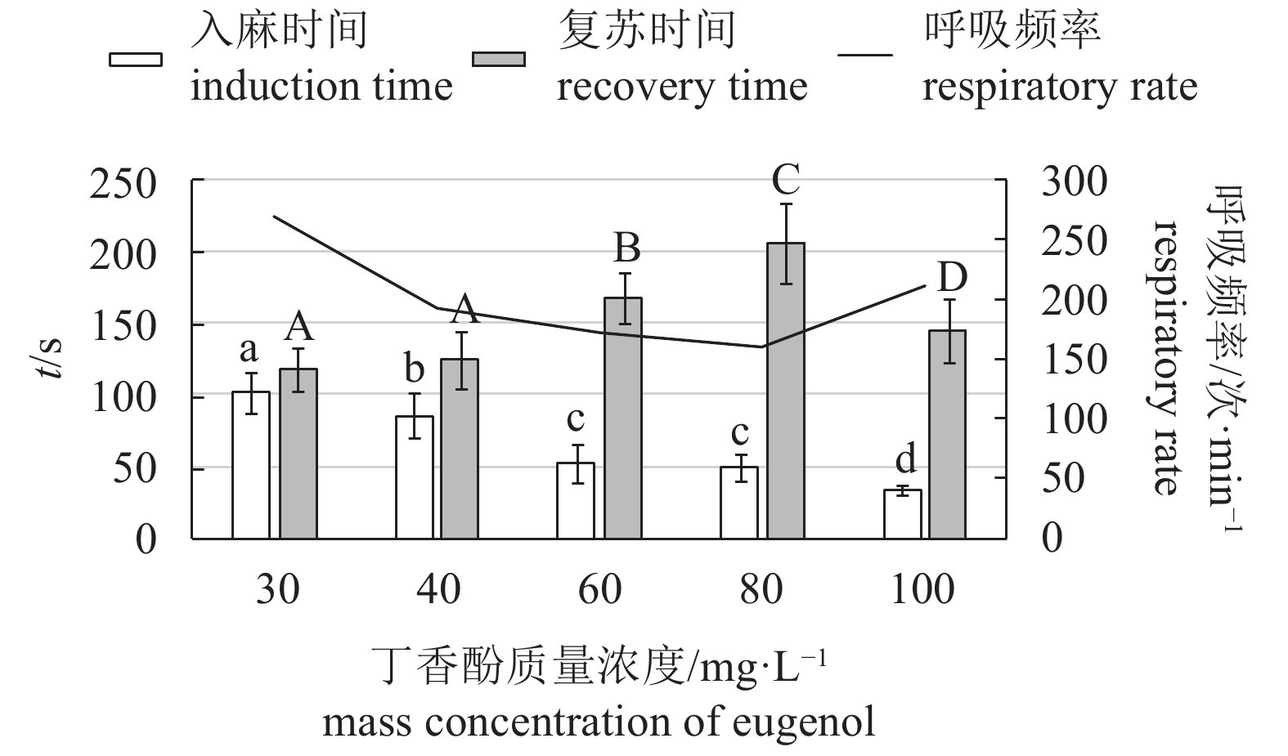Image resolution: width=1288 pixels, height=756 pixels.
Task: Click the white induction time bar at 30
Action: (x=251, y=465)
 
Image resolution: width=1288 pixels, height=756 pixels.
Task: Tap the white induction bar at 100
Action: (x=903, y=514)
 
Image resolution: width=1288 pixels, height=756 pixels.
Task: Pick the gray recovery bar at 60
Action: (x=623, y=418)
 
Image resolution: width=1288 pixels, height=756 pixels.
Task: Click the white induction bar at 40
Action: (x=415, y=477)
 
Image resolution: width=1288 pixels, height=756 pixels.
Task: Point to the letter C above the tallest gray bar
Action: (x=785, y=180)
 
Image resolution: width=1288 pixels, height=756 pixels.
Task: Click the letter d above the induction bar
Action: (x=905, y=460)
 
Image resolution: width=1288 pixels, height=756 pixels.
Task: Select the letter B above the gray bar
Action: (x=626, y=248)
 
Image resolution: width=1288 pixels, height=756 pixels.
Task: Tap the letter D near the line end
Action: (x=952, y=278)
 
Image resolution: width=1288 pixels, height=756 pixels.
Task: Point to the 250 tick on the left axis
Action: (x=123, y=184)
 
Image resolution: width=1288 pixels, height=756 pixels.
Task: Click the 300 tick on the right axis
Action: (x=1074, y=181)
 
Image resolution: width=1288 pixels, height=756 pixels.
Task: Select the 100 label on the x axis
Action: (x=922, y=589)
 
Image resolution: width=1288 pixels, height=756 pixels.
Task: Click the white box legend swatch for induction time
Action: (x=136, y=60)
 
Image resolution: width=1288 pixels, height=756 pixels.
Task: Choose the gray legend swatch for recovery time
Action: (x=499, y=60)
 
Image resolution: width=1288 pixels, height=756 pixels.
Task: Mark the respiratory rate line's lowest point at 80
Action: (x=762, y=347)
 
